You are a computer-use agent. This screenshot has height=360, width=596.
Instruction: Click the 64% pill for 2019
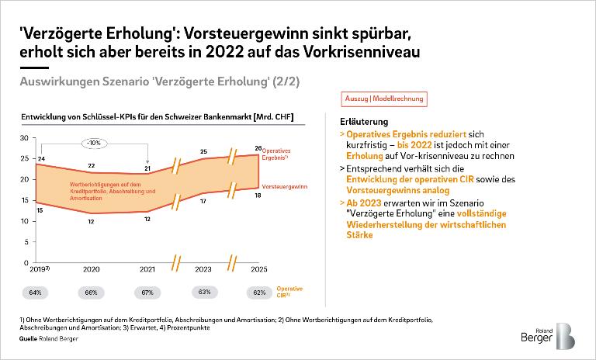39,292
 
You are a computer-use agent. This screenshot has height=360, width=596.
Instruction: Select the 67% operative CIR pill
147,292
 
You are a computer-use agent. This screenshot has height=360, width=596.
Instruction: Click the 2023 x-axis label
203,271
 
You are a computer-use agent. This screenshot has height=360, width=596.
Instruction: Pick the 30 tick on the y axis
24,137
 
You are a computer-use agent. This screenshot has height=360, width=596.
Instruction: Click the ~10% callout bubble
93,144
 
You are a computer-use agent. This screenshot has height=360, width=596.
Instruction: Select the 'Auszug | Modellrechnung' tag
383,99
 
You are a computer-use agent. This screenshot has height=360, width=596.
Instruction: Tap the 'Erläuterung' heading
362,123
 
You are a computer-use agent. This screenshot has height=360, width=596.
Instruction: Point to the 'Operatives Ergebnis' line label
280,153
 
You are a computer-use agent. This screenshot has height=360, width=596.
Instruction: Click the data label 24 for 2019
40,159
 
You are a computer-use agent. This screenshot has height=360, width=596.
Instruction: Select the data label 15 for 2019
40,209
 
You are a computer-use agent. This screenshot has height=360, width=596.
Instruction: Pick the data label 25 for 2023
203,151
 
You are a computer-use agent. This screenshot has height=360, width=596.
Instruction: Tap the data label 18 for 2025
258,196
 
